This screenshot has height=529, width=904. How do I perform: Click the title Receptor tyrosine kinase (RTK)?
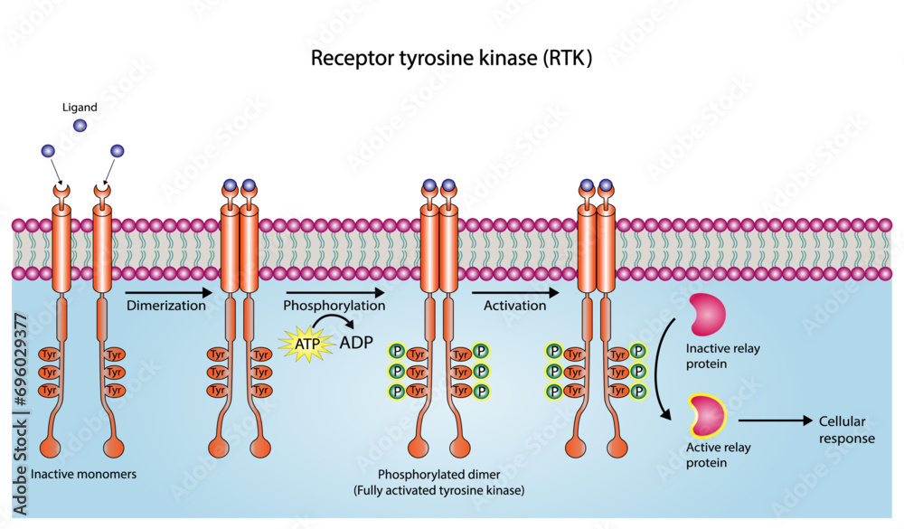[451, 59]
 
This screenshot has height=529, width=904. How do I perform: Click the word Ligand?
[80, 107]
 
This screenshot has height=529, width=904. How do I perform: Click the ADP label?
[356, 342]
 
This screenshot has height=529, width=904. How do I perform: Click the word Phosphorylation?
[334, 306]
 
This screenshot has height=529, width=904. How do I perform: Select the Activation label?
[515, 306]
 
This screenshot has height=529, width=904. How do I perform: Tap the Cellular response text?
[847, 430]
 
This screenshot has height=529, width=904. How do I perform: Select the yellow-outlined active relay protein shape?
[708, 414]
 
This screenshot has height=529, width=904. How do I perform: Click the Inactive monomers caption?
[83, 474]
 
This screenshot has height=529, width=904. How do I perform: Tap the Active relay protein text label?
[720, 455]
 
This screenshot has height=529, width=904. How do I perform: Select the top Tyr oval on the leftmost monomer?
[50, 354]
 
